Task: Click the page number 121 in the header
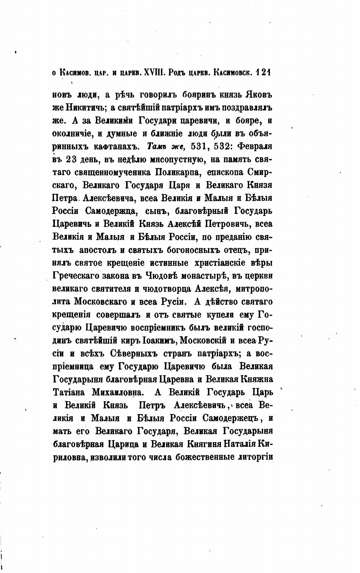[x=264, y=73]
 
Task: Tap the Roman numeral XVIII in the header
[x=153, y=73]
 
